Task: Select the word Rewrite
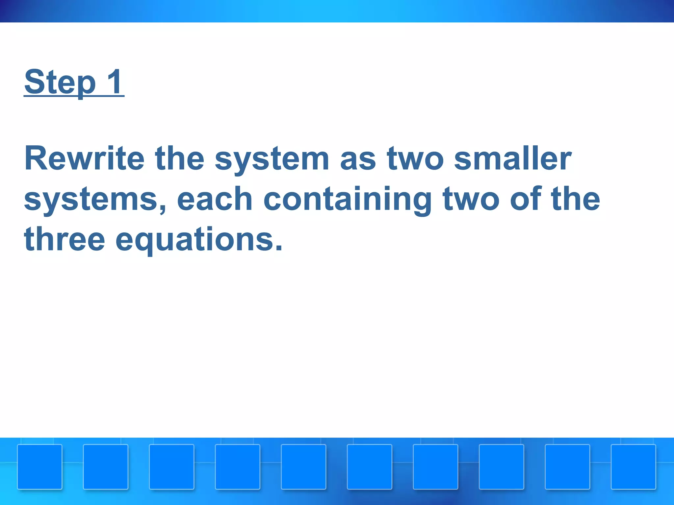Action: [84, 158]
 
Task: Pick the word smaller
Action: [512, 158]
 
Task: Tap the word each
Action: [215, 199]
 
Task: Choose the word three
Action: [65, 239]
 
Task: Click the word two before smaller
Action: [415, 159]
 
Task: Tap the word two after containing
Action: [471, 199]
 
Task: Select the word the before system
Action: [180, 158]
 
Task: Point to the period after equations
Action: [279, 248]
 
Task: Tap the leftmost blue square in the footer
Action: [40, 467]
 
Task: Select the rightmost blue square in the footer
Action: [634, 467]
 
